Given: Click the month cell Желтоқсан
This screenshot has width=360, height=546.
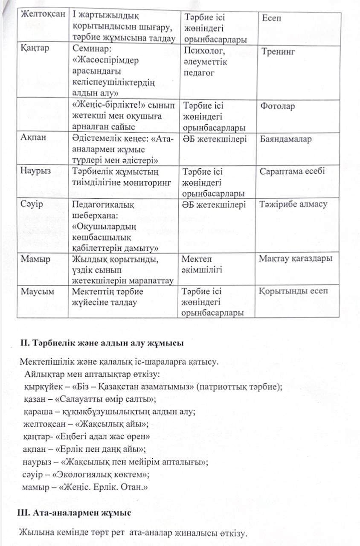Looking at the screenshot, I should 42,14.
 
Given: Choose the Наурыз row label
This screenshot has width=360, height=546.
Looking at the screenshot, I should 35,171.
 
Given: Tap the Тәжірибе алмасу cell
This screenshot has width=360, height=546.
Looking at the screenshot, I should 293,204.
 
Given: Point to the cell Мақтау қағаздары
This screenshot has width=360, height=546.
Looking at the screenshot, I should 296,258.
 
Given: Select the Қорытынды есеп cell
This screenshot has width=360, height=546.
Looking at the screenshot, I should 293,291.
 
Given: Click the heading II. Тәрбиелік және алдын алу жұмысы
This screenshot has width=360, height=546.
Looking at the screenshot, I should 102,343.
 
